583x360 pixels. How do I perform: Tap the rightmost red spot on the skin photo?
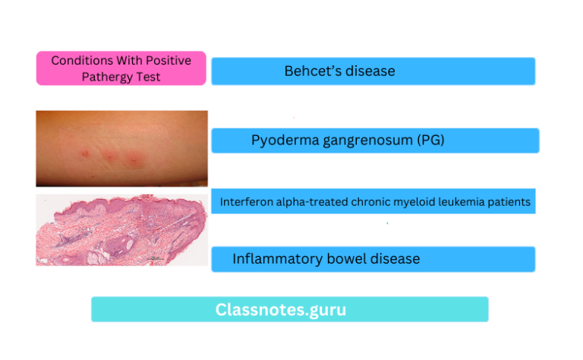tap(136, 160)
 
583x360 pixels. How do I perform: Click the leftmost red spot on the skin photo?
tap(84, 154)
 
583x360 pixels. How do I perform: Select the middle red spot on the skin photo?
tap(109, 157)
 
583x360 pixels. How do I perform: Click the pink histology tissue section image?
tap(121, 230)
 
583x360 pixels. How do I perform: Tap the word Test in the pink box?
tap(150, 77)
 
